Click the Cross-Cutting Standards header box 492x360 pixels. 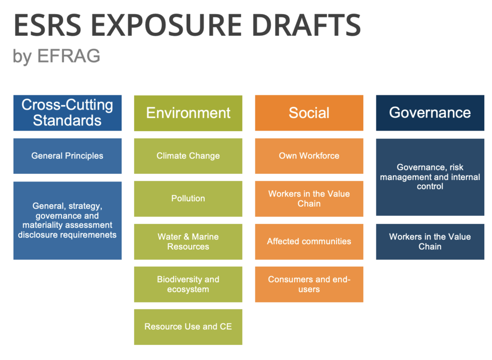[x=67, y=113]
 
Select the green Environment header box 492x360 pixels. [x=188, y=113]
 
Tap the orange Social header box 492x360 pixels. [x=309, y=113]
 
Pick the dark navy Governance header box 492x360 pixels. [x=430, y=113]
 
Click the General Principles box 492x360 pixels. [x=67, y=156]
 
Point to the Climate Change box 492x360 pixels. [x=188, y=156]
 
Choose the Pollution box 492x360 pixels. [x=188, y=199]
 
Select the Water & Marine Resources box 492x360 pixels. [x=188, y=241]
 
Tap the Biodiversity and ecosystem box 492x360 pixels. [x=188, y=285]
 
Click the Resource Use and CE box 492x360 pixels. [x=188, y=327]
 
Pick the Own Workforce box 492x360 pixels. [x=309, y=156]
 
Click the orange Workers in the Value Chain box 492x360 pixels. [x=309, y=199]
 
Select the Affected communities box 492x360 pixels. [x=309, y=241]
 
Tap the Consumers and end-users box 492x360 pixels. [x=309, y=285]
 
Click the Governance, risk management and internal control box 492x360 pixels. [x=430, y=177]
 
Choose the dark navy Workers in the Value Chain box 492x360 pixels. [x=430, y=241]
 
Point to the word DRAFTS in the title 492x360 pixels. [x=306, y=25]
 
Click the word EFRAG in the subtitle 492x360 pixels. [x=69, y=56]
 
